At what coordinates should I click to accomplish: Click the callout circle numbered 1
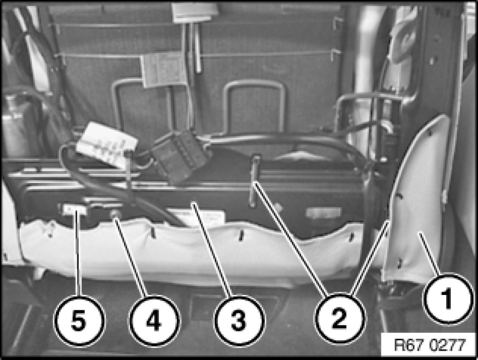pos(447,298)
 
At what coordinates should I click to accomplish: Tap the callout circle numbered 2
pos(339,319)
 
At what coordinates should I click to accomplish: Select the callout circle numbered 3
pos(238,320)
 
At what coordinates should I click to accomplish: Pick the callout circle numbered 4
pos(155,320)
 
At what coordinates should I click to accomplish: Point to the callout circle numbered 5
pos(79,320)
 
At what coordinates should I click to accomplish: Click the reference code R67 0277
pos(430,345)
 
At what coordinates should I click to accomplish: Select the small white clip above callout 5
pos(75,210)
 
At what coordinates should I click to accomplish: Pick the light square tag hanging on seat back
pos(163,70)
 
